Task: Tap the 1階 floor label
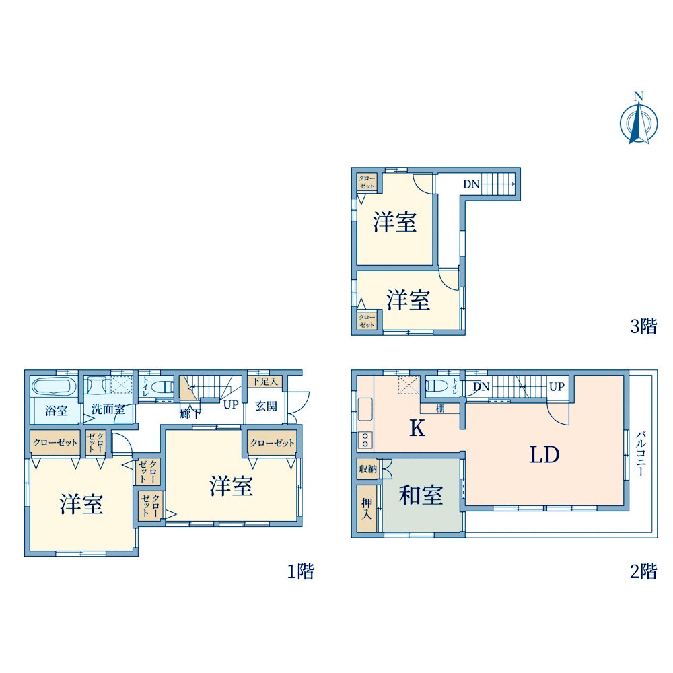tap(301, 572)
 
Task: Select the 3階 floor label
tap(643, 327)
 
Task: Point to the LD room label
tap(544, 456)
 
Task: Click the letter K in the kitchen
tap(417, 429)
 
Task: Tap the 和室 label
tap(421, 496)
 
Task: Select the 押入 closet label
tap(367, 509)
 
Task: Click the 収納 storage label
tap(367, 468)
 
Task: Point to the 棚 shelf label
tap(439, 408)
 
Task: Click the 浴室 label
tap(56, 410)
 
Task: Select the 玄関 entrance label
tap(267, 406)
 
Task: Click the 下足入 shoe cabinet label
tap(264, 382)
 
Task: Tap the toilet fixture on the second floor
tap(438, 386)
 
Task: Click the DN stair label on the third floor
tap(471, 184)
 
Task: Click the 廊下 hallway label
tap(189, 414)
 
